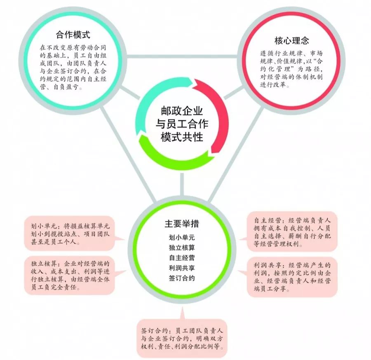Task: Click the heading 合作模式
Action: point(73,35)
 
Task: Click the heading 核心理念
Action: point(291,40)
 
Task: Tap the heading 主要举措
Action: point(182,224)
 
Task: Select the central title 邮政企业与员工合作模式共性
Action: point(182,124)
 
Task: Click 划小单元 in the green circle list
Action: point(182,237)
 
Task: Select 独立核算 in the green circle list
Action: point(182,248)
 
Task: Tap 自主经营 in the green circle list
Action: point(182,258)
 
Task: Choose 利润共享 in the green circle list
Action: point(182,268)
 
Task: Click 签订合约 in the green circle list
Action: point(182,278)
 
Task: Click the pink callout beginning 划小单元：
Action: point(70,234)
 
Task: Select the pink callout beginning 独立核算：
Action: point(70,275)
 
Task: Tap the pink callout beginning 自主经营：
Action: point(292,231)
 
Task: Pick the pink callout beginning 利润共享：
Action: point(292,277)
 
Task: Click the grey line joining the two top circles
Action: point(182,56)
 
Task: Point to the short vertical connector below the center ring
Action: point(182,185)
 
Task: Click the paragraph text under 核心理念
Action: point(291,69)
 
